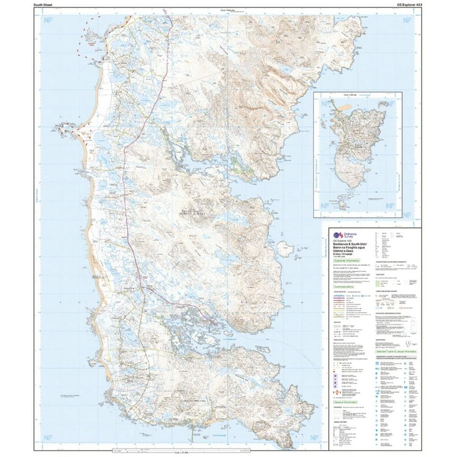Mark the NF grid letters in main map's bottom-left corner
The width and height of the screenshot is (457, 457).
(x=47, y=438)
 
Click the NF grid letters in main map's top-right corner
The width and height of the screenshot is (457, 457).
(x=406, y=20)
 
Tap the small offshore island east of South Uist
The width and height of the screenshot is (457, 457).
(x=284, y=247)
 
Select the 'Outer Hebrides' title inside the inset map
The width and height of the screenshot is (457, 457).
(x=350, y=95)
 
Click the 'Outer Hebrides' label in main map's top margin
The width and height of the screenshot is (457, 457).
(x=228, y=10)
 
